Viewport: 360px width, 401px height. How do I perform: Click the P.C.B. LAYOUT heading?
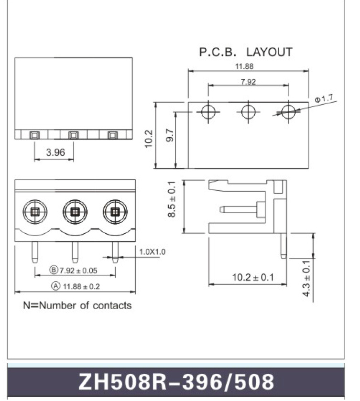point(246,52)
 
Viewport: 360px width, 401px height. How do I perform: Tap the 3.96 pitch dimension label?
point(55,152)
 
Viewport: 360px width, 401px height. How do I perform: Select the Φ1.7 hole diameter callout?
point(324,98)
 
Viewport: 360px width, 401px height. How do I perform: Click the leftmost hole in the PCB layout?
point(208,112)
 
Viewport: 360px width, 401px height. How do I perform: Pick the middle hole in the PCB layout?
point(248,112)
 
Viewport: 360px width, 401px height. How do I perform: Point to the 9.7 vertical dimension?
point(170,135)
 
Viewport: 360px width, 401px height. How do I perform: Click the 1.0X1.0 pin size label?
point(152,252)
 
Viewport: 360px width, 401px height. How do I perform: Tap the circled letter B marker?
point(54,270)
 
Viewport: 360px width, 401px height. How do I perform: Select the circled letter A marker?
point(56,286)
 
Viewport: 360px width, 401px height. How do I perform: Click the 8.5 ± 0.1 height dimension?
point(172,199)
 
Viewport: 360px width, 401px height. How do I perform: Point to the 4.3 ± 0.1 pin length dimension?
point(306,279)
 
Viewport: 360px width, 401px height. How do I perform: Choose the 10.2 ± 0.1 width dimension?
point(253,277)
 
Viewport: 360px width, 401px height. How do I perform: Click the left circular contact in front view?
point(35,212)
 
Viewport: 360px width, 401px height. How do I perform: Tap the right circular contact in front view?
point(115,212)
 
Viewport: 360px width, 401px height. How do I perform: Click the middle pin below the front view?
point(75,252)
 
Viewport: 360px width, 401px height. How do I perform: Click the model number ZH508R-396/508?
point(176,382)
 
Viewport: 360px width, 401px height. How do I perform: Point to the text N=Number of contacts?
point(77,305)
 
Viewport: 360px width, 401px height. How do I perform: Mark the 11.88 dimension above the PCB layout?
point(244,66)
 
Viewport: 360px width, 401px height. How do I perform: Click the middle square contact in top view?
point(74,135)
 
